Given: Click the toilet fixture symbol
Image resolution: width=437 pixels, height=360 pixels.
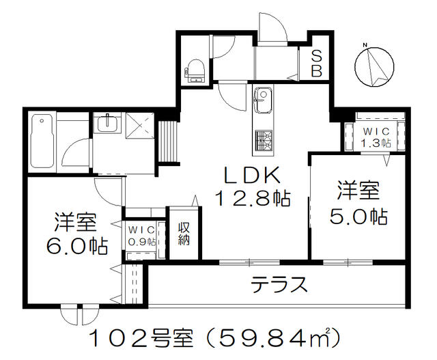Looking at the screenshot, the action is pos(197,72).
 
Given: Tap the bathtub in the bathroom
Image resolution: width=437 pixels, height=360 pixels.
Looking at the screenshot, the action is pos(42,141).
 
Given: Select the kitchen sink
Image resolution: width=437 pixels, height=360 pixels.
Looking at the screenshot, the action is pos(263,100).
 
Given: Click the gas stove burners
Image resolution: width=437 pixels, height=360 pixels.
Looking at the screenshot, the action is pos(264,141).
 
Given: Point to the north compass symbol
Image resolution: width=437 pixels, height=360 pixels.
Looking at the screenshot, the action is pos(374,66).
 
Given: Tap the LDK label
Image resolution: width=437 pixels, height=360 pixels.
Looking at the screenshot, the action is pos(252,175).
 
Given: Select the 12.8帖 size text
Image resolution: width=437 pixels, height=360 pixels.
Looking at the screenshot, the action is pos(253,199).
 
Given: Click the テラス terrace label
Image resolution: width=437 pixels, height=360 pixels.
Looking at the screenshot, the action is pos(279,284).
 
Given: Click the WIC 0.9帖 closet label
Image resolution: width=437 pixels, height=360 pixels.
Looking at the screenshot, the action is pos(141,236).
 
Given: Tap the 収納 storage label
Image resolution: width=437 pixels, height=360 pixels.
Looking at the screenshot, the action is pos(184,234).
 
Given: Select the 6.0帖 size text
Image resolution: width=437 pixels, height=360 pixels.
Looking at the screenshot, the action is pos(76,245).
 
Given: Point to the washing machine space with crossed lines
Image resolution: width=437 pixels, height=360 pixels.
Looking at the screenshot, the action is pos(139,126).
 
